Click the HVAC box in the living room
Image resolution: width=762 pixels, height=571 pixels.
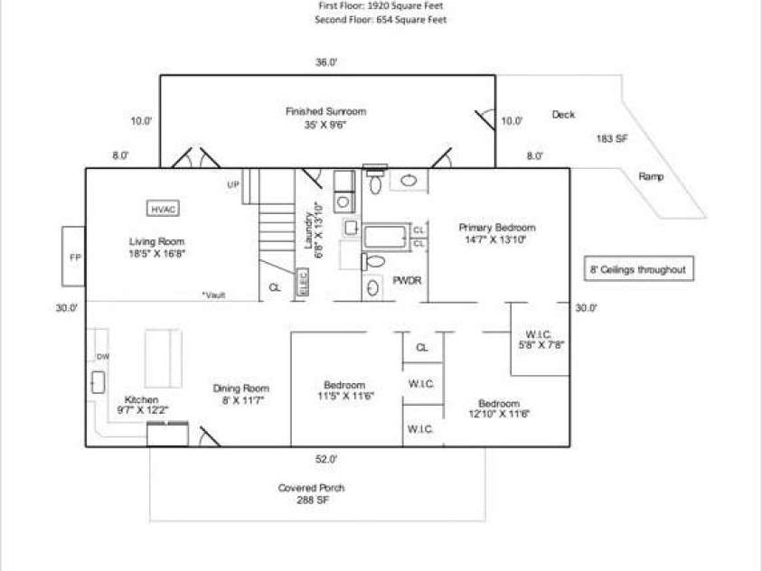pos(164,209)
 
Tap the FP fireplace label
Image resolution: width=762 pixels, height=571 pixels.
pos(75,257)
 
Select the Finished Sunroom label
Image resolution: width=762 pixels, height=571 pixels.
pos(325,111)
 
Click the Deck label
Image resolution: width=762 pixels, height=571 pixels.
pos(563,115)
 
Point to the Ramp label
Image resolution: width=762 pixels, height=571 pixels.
pos(651,176)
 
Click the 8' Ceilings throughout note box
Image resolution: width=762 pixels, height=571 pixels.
pos(638,270)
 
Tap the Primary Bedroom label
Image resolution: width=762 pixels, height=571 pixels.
pos(496,228)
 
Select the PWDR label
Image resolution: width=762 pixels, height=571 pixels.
pos(406,281)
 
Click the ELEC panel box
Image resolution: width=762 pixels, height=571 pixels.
pos(302,284)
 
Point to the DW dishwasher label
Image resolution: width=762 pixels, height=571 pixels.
pos(103,357)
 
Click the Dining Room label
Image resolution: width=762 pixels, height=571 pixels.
pos(241,388)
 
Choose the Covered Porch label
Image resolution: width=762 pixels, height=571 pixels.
pos(311,488)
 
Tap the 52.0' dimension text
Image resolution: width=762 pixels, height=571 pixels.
pos(326,459)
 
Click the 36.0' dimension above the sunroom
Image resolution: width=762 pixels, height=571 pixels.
pos(326,62)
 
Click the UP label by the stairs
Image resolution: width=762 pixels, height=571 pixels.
pos(232,184)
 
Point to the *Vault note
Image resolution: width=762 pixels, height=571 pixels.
pos(213,295)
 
